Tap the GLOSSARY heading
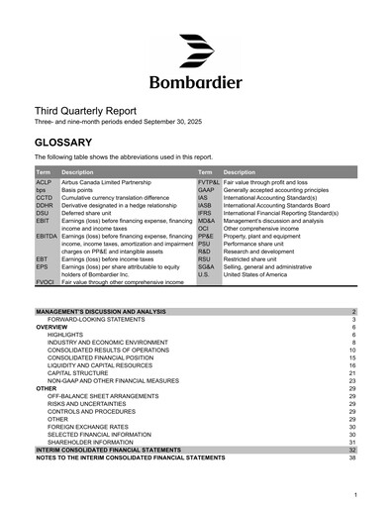[x=63, y=143]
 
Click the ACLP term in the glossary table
[x=44, y=183]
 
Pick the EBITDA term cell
[x=47, y=237]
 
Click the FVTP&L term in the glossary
[x=209, y=183]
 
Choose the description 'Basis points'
[x=82, y=191]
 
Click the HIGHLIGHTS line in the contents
[x=67, y=336]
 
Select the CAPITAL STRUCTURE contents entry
[x=80, y=373]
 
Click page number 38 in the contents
[x=352, y=457]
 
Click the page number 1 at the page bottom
[x=354, y=493]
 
